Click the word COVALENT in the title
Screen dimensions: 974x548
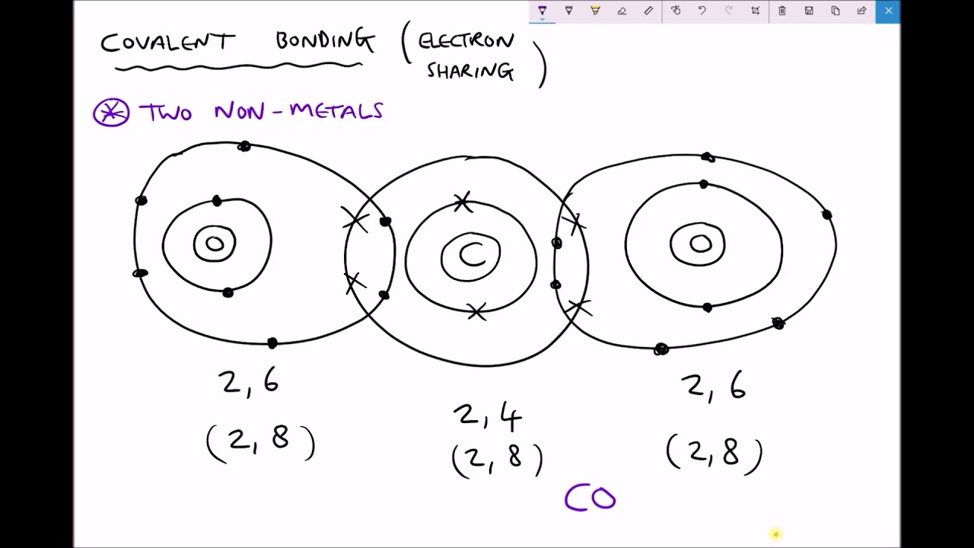tap(168, 42)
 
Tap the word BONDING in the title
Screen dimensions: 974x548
tap(325, 41)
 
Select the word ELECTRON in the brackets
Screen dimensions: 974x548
tap(466, 42)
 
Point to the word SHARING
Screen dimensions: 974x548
tap(470, 72)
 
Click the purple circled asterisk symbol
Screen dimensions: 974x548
tap(111, 113)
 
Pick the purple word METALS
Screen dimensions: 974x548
tap(336, 111)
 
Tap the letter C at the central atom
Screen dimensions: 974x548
tap(473, 254)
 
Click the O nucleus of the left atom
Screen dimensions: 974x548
tap(215, 244)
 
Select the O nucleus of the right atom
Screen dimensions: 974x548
tap(701, 244)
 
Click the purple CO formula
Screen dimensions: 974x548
tap(590, 498)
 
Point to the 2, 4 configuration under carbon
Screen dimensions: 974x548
tap(487, 416)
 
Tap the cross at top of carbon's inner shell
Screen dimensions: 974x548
tap(463, 202)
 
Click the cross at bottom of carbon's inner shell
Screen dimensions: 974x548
tap(477, 312)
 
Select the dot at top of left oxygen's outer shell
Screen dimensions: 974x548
tap(244, 147)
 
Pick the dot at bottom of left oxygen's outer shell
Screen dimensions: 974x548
tap(272, 343)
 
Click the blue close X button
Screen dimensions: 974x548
tap(888, 11)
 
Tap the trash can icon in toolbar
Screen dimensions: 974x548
tap(781, 11)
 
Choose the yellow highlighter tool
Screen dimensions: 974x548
tap(595, 11)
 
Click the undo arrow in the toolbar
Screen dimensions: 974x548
tap(702, 11)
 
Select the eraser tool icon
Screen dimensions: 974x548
tap(622, 11)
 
